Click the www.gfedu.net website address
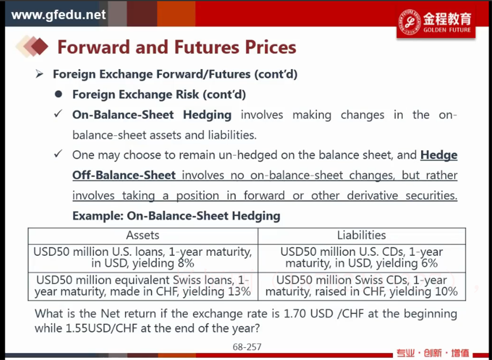coord(59,15)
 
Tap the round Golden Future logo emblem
coord(410,22)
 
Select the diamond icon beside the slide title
coord(32,47)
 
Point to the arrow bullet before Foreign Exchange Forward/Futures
coord(39,74)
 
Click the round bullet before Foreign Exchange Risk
coord(58,94)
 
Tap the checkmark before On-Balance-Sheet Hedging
coord(58,114)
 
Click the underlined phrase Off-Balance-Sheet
coord(124,175)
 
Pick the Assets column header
coord(143,235)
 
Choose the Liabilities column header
coord(361,235)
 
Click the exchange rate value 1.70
coord(294,313)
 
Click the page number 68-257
coord(247,347)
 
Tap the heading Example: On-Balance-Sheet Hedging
coord(176,216)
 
